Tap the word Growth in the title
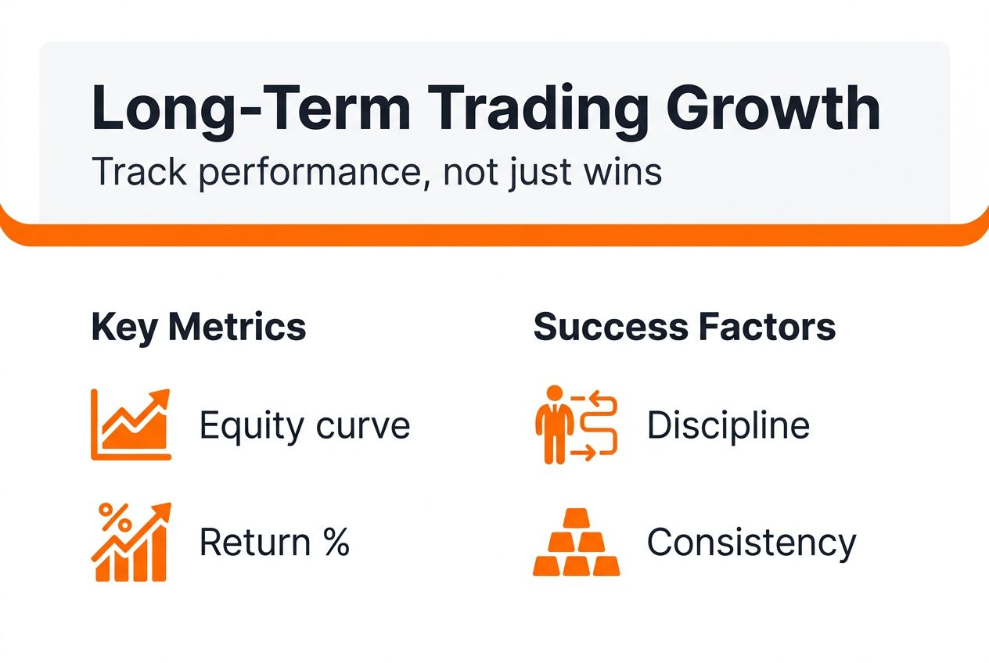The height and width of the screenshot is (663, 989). (774, 110)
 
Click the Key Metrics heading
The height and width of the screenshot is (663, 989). (199, 327)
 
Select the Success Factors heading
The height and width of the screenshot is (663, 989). (685, 327)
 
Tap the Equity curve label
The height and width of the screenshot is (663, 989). (304, 426)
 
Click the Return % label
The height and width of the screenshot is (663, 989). (274, 542)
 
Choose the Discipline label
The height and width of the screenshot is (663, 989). (728, 426)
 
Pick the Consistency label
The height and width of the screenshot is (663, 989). (751, 542)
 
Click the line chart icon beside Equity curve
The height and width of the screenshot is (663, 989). (131, 425)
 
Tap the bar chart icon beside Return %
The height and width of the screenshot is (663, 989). (131, 543)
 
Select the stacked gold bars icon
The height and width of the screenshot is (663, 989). (577, 543)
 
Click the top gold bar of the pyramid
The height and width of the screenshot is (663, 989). (577, 518)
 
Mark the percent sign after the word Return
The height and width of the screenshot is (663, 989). (336, 542)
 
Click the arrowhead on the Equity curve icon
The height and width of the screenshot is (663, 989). (161, 396)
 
